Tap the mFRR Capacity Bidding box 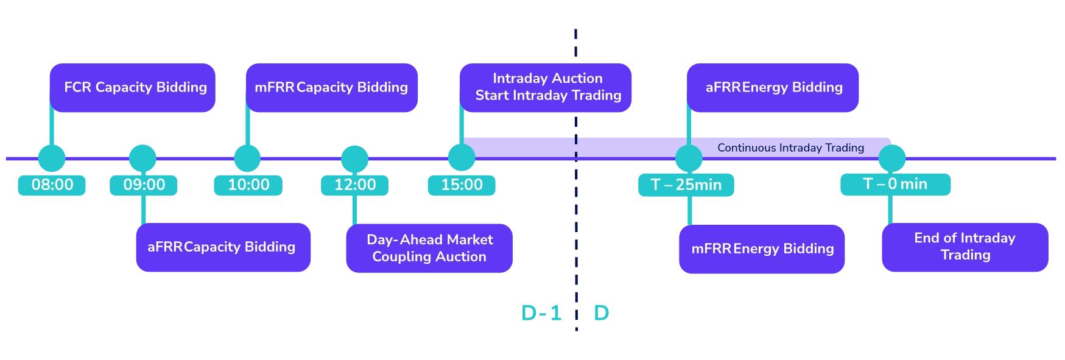tap(332, 88)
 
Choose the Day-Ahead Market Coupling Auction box tap(430, 248)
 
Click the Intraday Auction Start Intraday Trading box tap(546, 88)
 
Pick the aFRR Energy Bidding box tap(773, 88)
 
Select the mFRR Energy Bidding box tap(762, 249)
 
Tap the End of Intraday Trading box tap(965, 247)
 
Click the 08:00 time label tap(52, 185)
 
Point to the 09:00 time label tap(144, 185)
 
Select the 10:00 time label tap(248, 185)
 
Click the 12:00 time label tap(355, 185)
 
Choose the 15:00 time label tap(462, 185)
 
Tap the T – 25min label tap(686, 185)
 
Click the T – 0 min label tap(895, 184)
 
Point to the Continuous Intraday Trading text tap(790, 147)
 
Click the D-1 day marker tap(542, 313)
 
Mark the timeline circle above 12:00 tap(355, 158)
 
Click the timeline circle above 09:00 tap(142, 158)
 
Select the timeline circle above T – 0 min tap(891, 158)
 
